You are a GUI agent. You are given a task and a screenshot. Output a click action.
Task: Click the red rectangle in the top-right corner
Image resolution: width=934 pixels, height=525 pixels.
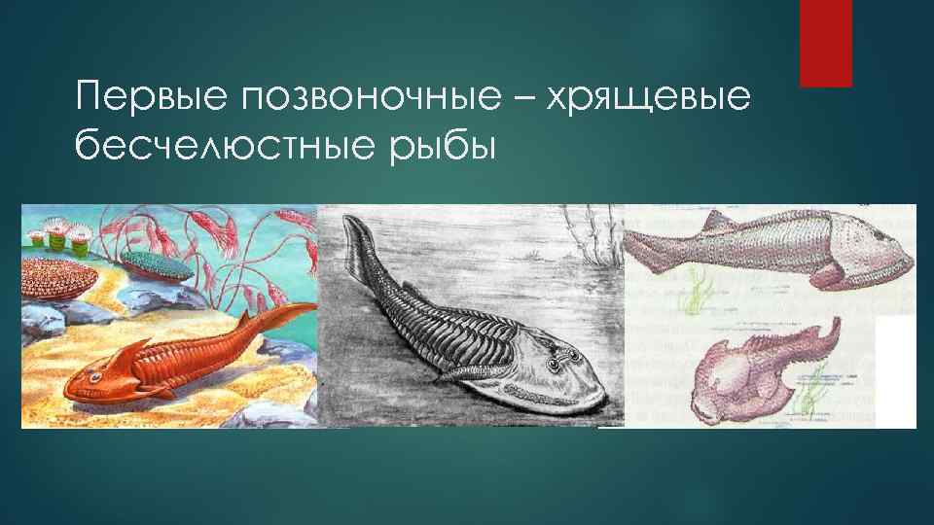tap(825, 43)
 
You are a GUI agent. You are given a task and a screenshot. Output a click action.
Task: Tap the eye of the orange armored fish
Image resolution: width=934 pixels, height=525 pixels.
tap(97, 371)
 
